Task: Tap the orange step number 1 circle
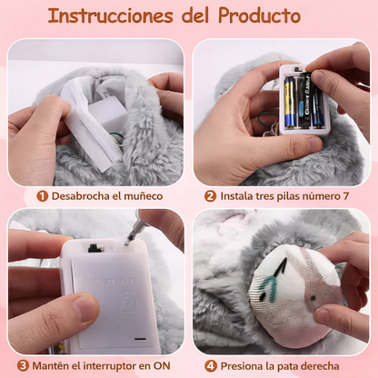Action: coord(42,195)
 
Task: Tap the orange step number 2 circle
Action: coord(210,195)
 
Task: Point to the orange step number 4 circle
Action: coord(211,366)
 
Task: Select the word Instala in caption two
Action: coord(239,195)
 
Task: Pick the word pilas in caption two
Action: coord(297,195)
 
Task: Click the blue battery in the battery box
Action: coord(288,102)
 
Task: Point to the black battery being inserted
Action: coord(319,100)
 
